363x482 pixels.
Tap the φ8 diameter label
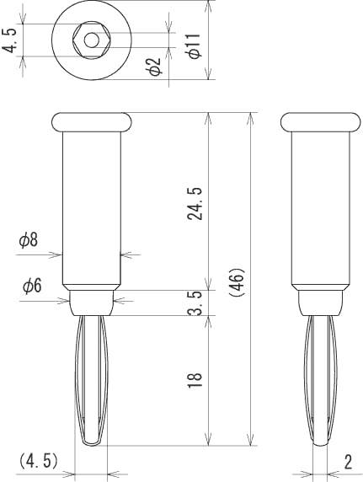[29, 241]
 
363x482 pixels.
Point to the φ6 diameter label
[31, 287]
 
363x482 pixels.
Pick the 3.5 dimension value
[195, 303]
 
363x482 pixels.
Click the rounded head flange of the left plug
[92, 122]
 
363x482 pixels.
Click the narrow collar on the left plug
[92, 300]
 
